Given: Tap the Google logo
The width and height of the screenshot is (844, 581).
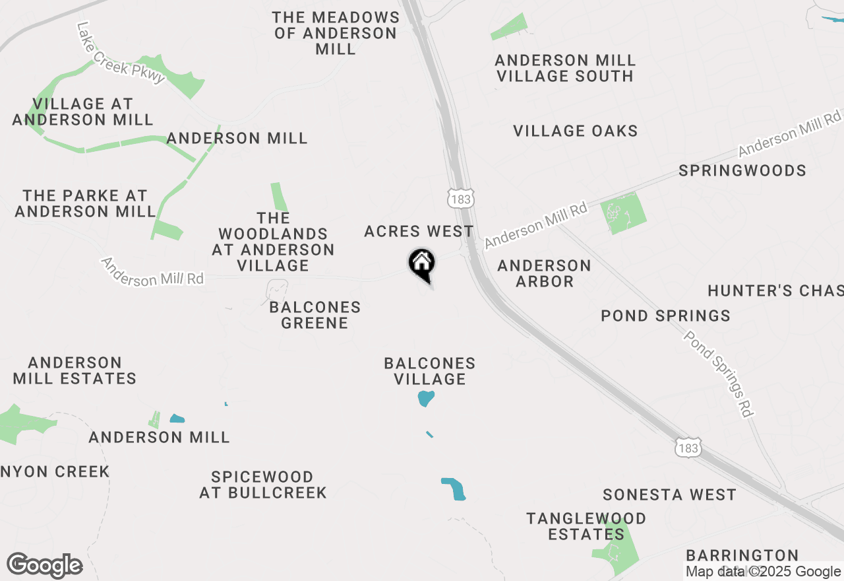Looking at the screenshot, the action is (45, 566).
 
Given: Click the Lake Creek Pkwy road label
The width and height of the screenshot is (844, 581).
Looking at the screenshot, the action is (120, 53).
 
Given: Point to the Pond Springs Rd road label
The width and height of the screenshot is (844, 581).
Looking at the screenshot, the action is (718, 374).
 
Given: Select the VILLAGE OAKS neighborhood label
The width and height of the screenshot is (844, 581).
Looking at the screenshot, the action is (576, 131).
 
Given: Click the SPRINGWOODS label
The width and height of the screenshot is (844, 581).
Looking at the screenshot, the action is (742, 170).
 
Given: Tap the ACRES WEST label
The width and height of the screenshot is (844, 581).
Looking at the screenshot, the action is (419, 231).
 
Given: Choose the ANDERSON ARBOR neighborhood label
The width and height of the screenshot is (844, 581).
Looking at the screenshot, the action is (544, 273).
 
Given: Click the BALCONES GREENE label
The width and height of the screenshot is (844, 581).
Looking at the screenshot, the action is (315, 315).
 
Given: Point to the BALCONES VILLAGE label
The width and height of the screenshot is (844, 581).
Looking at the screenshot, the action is (430, 371).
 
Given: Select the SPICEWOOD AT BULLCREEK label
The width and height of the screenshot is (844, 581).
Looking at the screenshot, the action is (263, 485).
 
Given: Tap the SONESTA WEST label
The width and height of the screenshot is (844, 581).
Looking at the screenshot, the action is (669, 495).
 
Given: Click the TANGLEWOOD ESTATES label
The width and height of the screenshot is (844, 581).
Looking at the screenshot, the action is (586, 526).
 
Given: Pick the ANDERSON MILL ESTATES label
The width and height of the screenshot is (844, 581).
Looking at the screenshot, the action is (75, 370).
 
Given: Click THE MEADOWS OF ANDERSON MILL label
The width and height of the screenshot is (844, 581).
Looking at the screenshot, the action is (336, 33).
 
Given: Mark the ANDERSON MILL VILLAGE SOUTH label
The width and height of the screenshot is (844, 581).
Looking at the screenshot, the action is (565, 68).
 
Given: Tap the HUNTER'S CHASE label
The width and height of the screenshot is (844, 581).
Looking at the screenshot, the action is (775, 290).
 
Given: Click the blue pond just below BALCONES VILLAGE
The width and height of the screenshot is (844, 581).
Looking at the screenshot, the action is (426, 398).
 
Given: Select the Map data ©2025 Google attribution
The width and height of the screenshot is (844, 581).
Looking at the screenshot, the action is (763, 572).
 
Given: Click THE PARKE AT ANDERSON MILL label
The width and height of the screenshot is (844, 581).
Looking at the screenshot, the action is (85, 203).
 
